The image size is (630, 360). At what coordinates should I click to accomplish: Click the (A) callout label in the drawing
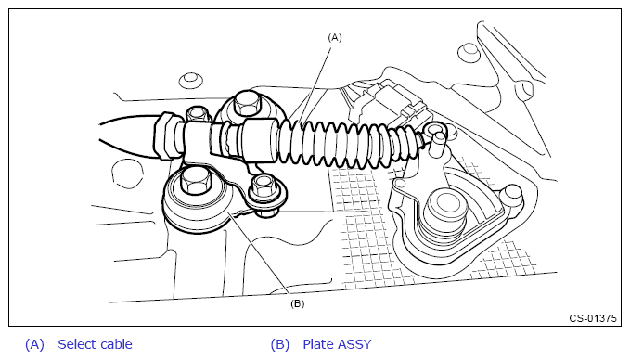pyautogui.click(x=335, y=38)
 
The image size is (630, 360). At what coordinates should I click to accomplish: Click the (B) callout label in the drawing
pyautogui.click(x=297, y=303)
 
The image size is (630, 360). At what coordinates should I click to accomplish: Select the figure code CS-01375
pyautogui.click(x=593, y=318)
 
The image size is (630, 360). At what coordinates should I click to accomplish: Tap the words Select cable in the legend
pyautogui.click(x=95, y=344)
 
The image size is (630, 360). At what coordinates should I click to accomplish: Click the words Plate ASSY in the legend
pyautogui.click(x=337, y=344)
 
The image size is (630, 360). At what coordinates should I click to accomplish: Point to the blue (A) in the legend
pyautogui.click(x=34, y=345)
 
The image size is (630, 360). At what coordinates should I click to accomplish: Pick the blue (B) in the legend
pyautogui.click(x=280, y=345)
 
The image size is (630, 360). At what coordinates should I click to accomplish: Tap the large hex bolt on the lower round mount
pyautogui.click(x=196, y=180)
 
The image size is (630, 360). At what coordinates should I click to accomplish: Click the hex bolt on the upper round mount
pyautogui.click(x=246, y=103)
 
